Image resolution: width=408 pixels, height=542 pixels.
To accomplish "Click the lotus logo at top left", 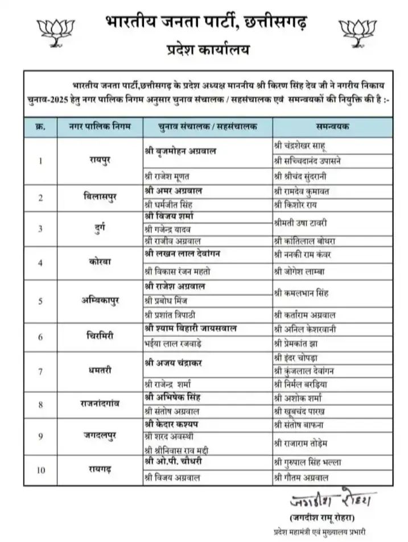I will [x=53, y=33].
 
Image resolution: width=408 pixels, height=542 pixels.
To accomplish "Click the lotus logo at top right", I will [x=355, y=33].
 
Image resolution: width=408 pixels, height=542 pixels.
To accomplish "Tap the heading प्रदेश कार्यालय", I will [x=204, y=50].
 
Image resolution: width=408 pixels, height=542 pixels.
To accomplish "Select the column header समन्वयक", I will [x=332, y=126].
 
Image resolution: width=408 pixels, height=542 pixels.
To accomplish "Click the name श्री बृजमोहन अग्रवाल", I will [x=183, y=151].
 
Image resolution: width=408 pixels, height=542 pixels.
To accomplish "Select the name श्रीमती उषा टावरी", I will [x=305, y=222].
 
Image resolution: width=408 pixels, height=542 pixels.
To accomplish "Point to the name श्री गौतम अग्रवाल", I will [x=302, y=478].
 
